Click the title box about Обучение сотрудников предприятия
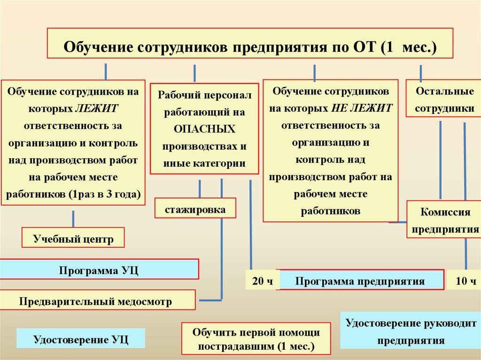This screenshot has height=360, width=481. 249,43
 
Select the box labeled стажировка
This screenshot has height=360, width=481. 195,208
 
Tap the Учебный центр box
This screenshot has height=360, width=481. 73,238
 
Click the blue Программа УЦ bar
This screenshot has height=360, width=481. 99,270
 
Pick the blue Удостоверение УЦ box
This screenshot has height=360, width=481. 80,338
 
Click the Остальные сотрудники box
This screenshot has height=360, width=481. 444,100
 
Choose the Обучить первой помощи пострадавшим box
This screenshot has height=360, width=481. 256,339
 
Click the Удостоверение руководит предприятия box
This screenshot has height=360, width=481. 411,331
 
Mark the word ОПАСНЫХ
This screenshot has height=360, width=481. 204,129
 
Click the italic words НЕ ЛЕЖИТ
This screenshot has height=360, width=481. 362,108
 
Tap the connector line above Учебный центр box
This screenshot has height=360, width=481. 73,219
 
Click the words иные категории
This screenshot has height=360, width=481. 204,163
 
